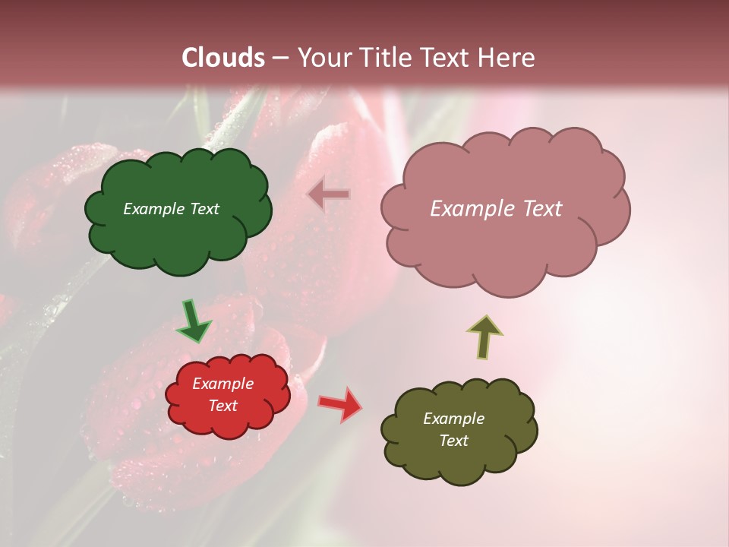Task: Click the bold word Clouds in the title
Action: point(223,58)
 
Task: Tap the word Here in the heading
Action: point(507,58)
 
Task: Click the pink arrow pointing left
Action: point(329,194)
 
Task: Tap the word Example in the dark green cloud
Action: point(154,209)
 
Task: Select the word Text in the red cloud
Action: point(223,406)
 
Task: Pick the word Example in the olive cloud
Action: point(453,419)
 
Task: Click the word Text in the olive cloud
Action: point(453,441)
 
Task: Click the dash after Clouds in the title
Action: point(279,58)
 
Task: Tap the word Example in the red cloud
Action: point(223,384)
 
